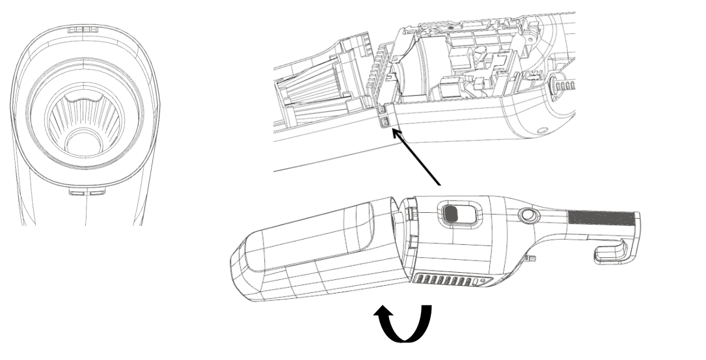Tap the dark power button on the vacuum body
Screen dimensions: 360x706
coord(451,213)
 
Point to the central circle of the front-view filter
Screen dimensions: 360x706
coord(82,142)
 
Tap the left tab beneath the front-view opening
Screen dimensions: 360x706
coord(75,193)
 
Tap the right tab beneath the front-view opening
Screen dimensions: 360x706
coord(96,193)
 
